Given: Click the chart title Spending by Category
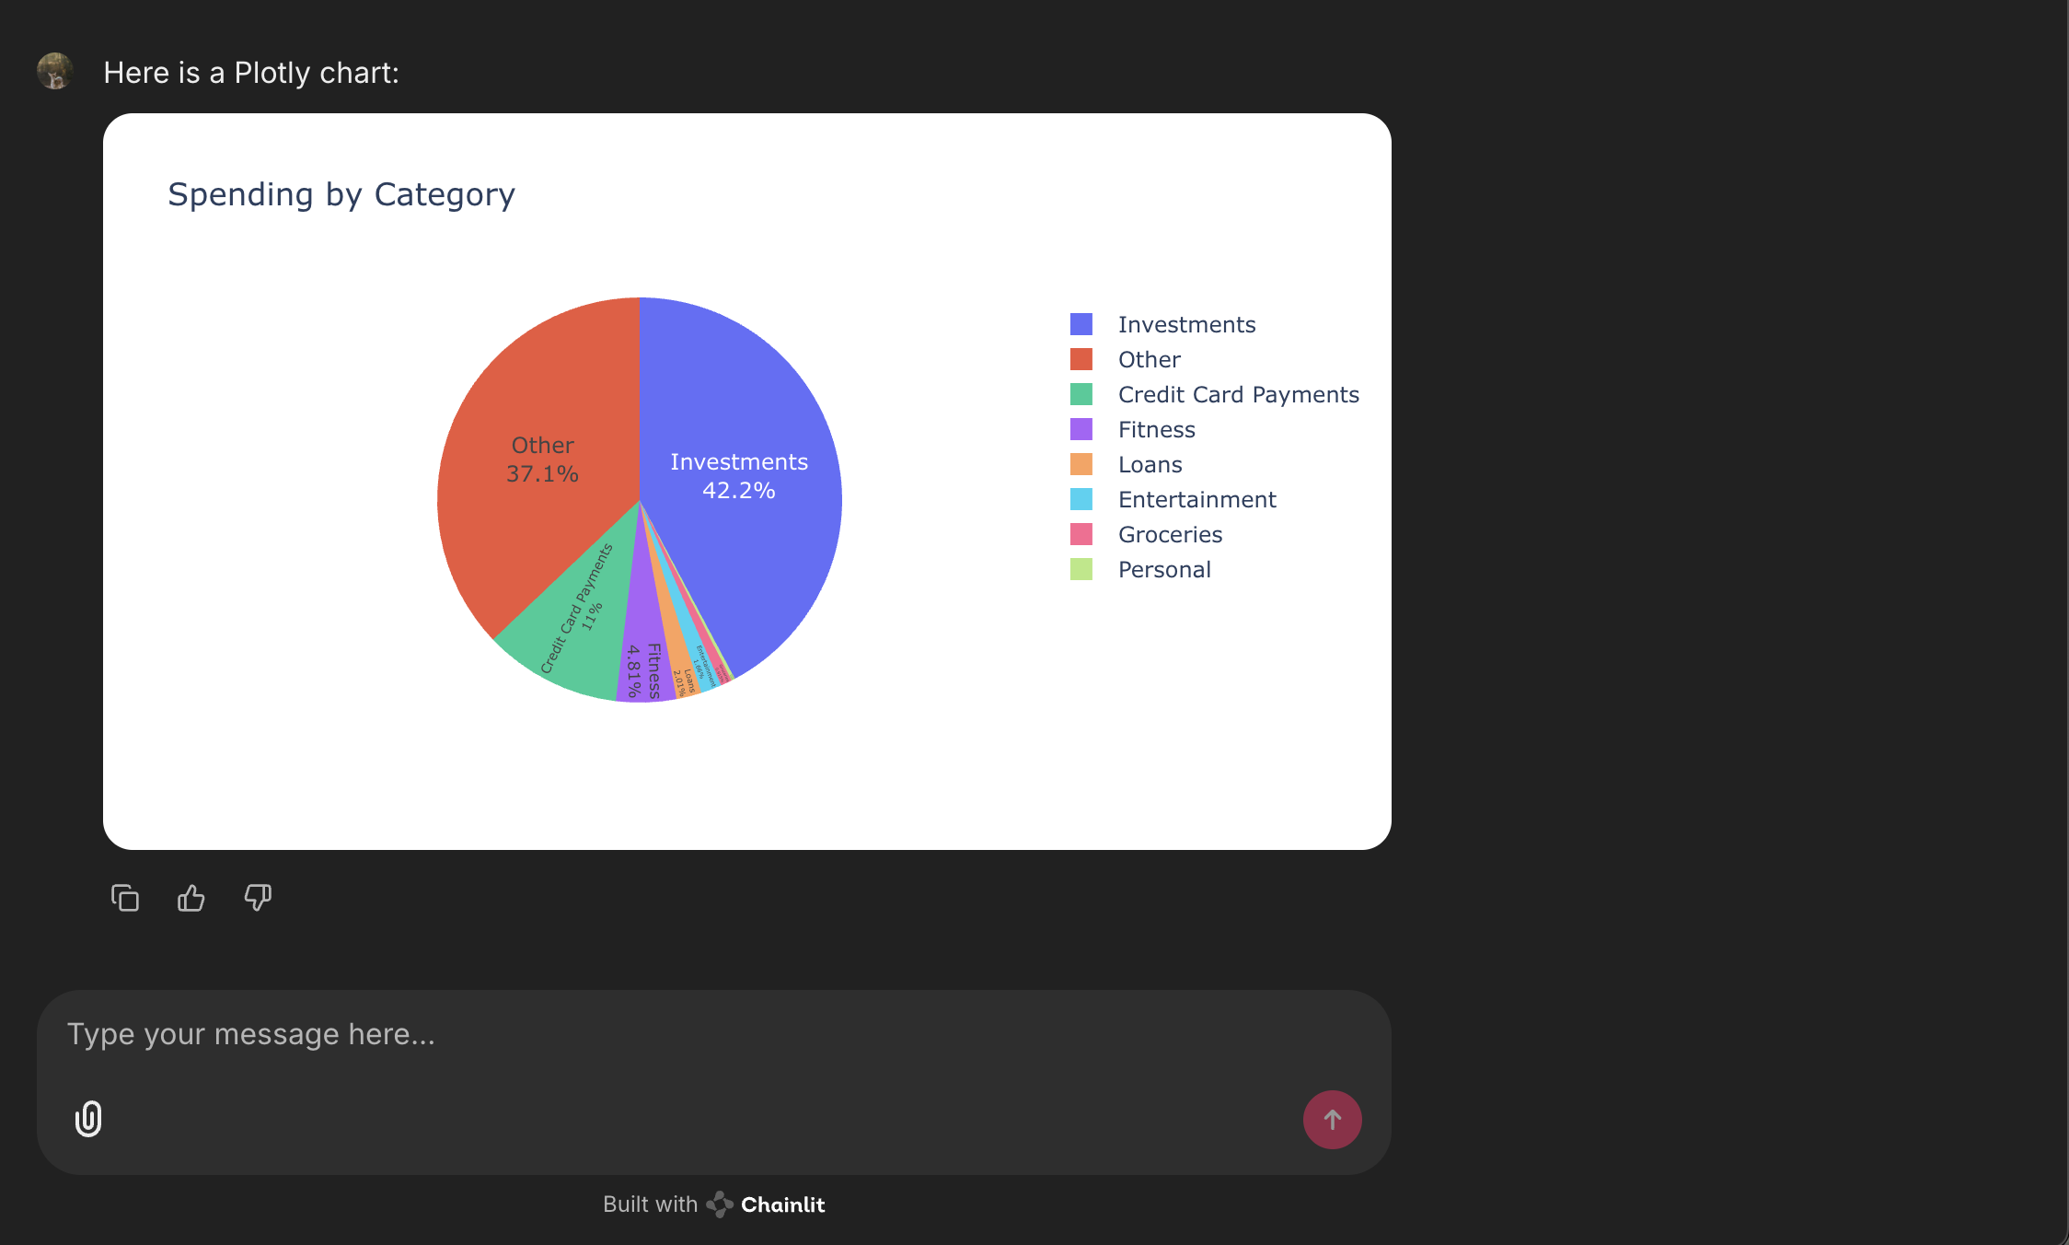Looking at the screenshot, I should click(341, 194).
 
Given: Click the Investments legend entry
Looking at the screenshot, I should click(1185, 324).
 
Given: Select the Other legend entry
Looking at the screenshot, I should click(1149, 359).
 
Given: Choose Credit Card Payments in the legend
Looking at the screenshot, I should click(1238, 394).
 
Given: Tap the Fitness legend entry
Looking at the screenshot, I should click(1156, 429).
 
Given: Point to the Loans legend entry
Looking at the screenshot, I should click(1150, 464).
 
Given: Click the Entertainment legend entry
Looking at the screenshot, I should click(1196, 499).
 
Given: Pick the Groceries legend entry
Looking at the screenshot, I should click(1170, 534).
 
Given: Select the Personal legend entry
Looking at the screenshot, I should click(1164, 569).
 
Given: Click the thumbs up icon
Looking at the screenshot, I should click(191, 898).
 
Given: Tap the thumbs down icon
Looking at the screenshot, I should click(258, 898).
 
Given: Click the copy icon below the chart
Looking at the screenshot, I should click(125, 898).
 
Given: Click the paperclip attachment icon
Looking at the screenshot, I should click(88, 1119).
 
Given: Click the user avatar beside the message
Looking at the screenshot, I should click(55, 71).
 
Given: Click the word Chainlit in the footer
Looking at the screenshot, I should click(782, 1204).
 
